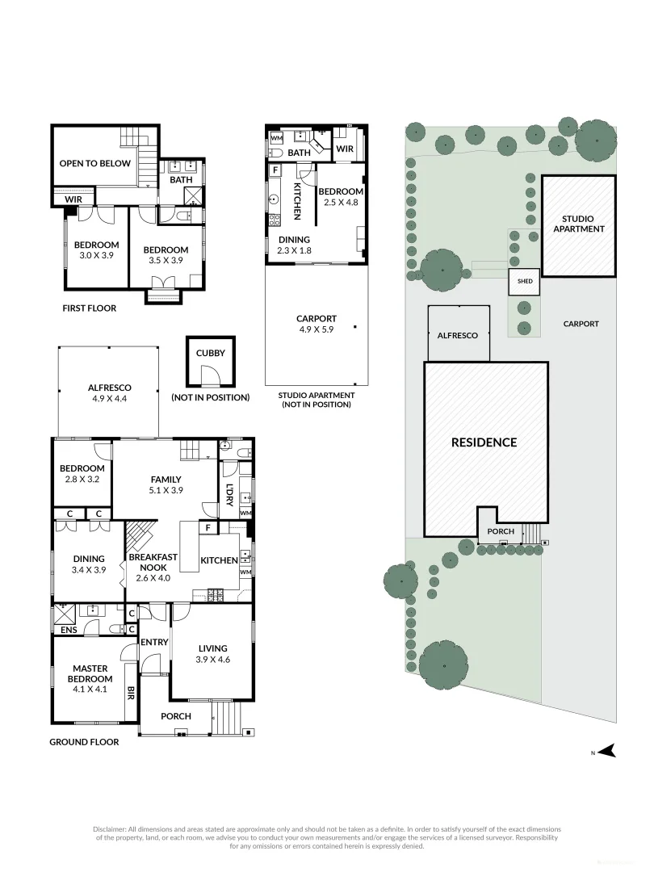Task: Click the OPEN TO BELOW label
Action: coord(94,163)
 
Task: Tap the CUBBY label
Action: coord(210,353)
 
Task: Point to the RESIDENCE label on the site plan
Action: coord(484,442)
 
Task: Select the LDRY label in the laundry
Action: coord(230,494)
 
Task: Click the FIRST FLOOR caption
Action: coord(89,308)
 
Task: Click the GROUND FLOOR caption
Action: coord(85,742)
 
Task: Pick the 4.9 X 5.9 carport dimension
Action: coord(316,329)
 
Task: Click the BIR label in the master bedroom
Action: coord(131,692)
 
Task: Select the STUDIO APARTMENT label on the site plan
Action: coord(579,224)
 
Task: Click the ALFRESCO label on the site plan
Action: coord(458,334)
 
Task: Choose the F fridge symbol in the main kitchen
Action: coord(208,529)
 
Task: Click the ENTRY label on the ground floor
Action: coord(154,643)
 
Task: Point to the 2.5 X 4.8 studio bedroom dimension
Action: coord(340,203)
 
